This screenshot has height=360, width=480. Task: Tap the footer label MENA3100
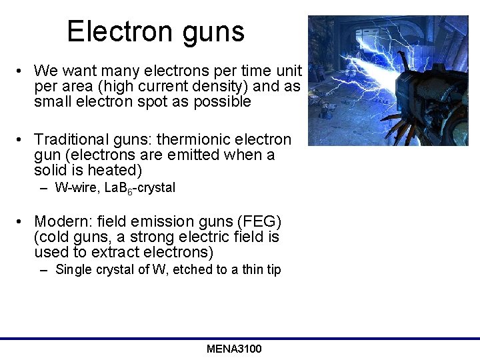click(x=234, y=349)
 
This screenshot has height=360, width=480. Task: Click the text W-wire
click(x=75, y=188)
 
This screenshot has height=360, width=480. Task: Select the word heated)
click(x=117, y=171)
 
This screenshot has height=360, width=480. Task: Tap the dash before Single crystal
click(x=43, y=270)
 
